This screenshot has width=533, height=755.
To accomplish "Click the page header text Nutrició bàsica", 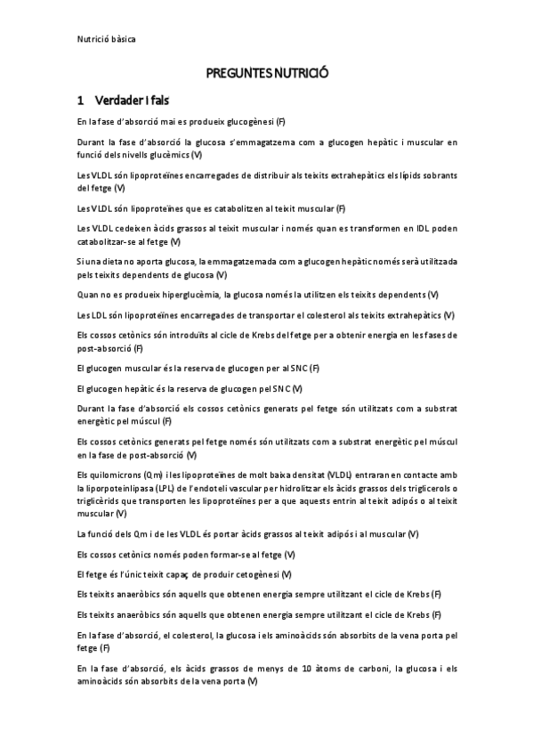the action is pos(106,39).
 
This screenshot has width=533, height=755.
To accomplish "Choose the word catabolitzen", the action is pos(240,208).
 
